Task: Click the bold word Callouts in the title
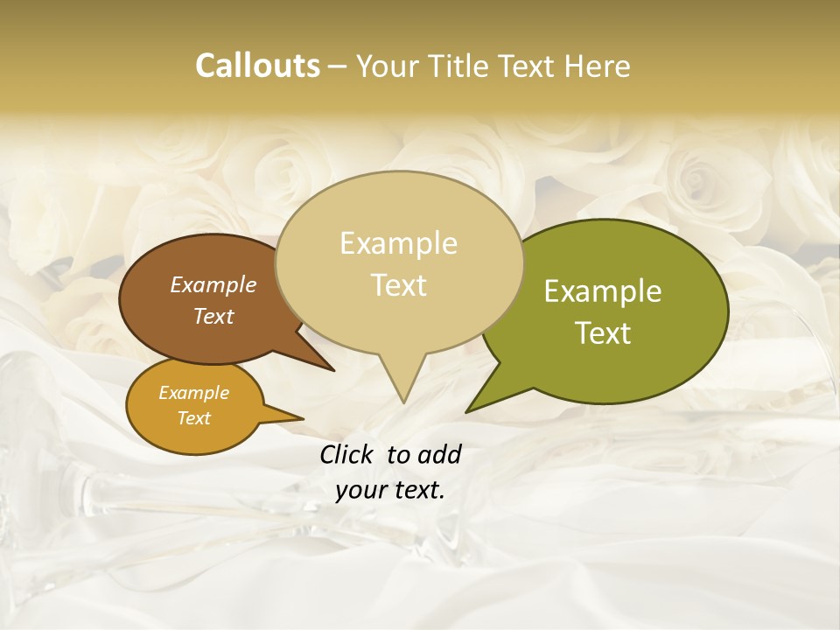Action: point(257,66)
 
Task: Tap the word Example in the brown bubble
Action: point(213,284)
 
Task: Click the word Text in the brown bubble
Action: point(213,316)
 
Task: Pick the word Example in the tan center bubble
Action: point(398,243)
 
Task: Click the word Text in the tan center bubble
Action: point(398,285)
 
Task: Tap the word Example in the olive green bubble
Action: point(603,291)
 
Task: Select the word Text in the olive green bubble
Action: point(603,333)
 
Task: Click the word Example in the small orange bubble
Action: point(193,393)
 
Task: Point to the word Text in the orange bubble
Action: point(193,418)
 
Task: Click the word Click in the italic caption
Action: point(346,454)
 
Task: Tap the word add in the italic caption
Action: point(438,454)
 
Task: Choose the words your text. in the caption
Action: point(390,490)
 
